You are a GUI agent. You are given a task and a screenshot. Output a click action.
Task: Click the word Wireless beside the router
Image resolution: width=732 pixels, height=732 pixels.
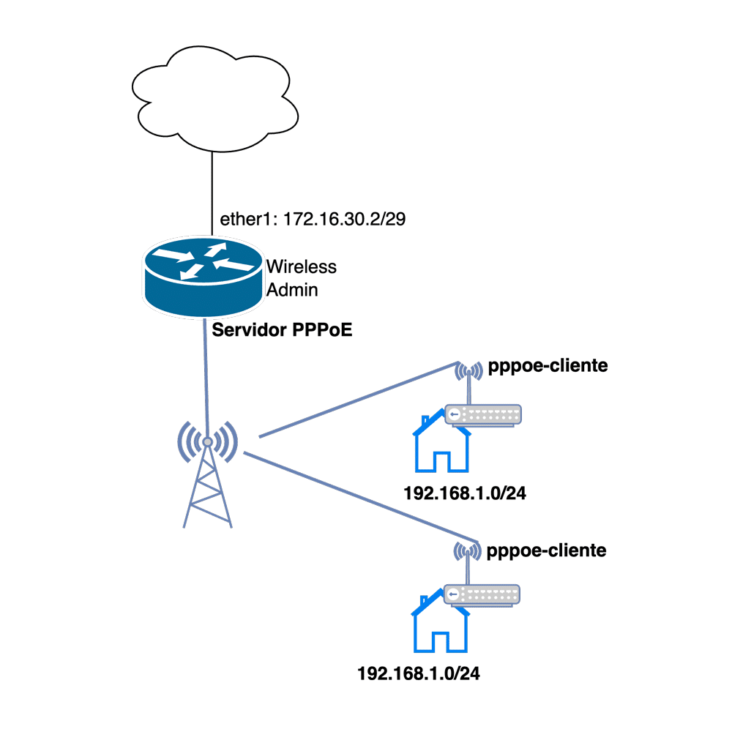301,266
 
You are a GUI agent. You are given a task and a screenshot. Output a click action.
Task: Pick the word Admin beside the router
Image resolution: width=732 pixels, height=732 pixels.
292,290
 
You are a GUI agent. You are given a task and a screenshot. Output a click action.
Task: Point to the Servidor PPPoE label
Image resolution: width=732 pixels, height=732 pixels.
282,330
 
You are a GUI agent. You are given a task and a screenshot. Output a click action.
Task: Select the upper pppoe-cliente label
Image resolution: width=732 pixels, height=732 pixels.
547,365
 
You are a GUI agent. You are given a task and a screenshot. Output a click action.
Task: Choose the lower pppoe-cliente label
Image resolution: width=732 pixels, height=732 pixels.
546,549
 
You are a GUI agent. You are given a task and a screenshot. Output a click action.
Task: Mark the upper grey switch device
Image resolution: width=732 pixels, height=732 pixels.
483,414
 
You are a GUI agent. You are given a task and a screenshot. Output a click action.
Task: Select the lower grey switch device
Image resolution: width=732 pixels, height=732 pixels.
483,594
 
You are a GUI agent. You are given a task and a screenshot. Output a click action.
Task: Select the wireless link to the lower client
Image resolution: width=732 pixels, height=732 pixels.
359,498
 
